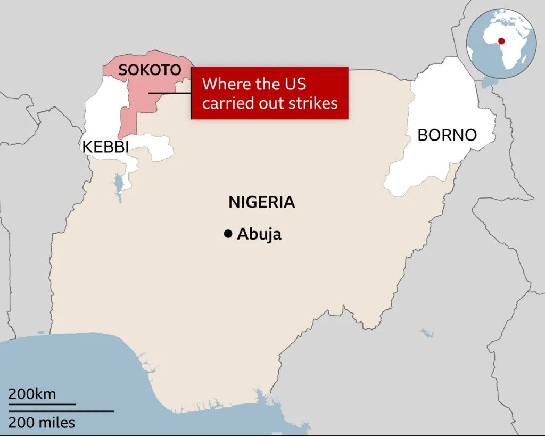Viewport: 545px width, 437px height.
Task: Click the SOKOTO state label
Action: coord(150,70)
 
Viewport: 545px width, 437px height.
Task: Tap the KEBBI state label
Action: coord(105,146)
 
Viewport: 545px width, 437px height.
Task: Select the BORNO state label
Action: coord(447,135)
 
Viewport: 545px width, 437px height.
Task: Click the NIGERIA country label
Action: coord(261,202)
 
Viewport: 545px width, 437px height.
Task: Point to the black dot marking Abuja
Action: coord(228,234)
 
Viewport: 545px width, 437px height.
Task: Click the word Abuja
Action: coord(259,234)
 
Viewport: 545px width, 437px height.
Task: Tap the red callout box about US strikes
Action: coord(269,93)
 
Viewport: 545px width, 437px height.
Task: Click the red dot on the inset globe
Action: coord(501,41)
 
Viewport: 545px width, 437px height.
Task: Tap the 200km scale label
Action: coord(32,394)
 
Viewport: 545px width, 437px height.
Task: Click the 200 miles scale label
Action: coord(42,423)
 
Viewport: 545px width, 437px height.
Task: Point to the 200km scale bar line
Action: coord(42,405)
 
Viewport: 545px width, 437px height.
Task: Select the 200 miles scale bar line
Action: coord(61,411)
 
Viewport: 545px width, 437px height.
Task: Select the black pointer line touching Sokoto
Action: coord(169,93)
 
